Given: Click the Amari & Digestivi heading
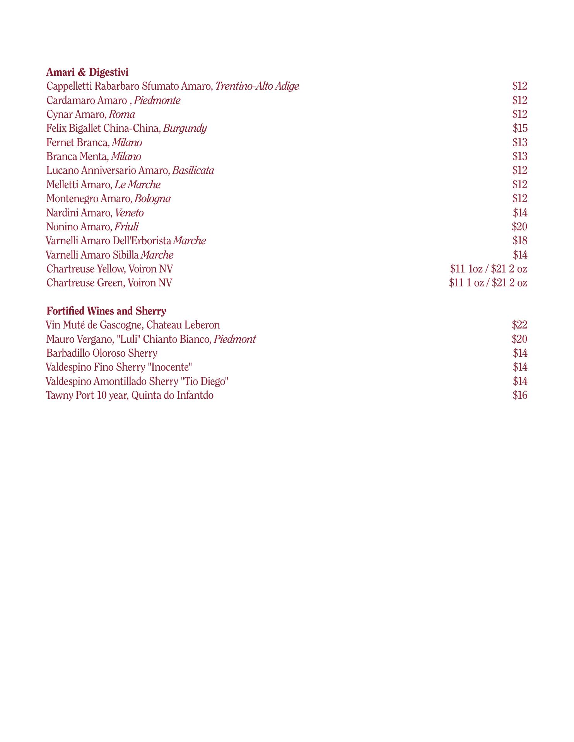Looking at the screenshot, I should click(x=87, y=72).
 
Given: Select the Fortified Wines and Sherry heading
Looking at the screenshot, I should click(x=106, y=311).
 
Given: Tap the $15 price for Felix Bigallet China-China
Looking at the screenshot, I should click(x=520, y=128).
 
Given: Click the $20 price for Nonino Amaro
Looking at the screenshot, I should click(x=519, y=227).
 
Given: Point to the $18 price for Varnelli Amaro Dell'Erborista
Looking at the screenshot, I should click(x=520, y=241).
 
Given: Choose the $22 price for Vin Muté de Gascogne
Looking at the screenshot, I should click(x=519, y=325).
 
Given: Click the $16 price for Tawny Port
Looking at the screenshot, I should click(x=520, y=395).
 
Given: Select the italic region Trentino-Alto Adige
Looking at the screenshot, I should click(x=257, y=86).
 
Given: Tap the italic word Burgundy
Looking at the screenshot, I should click(x=185, y=128).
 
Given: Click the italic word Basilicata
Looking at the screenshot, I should click(x=193, y=170).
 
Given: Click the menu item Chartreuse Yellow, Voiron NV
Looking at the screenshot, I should click(x=109, y=269).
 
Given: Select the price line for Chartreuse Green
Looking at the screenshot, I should click(x=488, y=283).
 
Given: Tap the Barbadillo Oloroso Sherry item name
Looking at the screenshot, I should click(x=101, y=353).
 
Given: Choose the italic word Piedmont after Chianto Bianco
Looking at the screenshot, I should click(x=234, y=339).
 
